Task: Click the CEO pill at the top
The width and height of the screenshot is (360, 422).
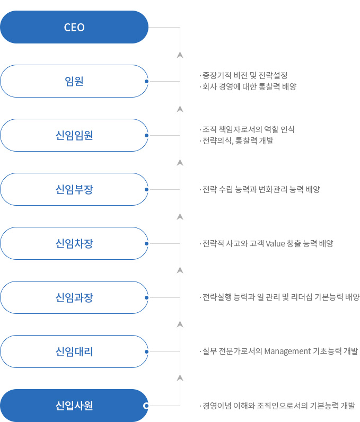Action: pos(74,27)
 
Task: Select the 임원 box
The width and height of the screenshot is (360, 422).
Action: pos(74,81)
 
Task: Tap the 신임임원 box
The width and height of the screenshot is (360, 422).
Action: pos(74,135)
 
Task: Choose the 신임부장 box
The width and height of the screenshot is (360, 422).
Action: pos(74,189)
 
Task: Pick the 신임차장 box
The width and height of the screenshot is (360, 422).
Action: pos(74,243)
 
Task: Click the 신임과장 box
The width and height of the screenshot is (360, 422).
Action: pos(74,297)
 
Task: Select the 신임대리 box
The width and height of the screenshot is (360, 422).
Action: pos(74,351)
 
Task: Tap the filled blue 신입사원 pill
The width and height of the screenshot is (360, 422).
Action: pos(74,406)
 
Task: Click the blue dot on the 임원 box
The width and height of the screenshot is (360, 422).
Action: pos(146,81)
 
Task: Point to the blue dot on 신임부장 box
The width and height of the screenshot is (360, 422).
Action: pos(146,189)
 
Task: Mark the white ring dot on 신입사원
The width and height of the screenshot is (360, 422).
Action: pos(146,406)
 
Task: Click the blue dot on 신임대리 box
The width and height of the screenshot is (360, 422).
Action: pos(146,352)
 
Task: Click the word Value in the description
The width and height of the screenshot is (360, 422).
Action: pos(275,243)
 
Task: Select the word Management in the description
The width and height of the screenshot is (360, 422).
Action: pos(287,351)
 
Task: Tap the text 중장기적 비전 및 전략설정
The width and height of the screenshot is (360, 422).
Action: pos(245,75)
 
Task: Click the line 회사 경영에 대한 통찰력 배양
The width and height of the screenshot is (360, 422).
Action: pos(249,86)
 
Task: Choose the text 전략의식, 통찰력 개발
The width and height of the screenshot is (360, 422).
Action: pos(238,140)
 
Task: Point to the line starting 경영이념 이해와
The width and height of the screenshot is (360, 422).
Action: pos(279,406)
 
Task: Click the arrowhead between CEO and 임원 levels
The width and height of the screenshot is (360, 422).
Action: pos(180,55)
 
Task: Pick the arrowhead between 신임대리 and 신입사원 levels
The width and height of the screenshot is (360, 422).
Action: pos(180,378)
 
